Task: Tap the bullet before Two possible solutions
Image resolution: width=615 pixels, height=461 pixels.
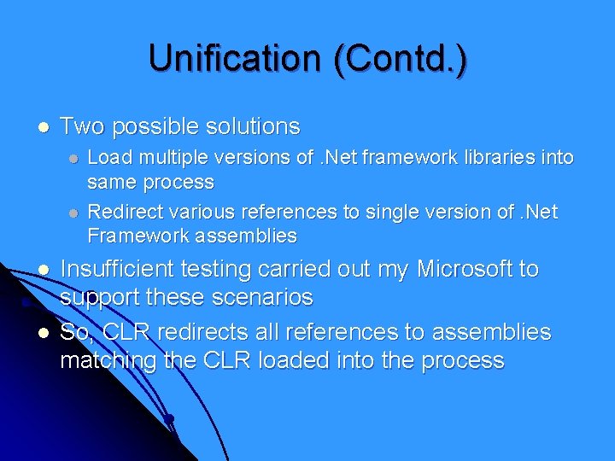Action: pos(43,127)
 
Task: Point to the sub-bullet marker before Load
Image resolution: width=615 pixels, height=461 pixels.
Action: pos(74,158)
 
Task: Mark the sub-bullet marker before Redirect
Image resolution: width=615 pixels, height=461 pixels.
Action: pos(74,212)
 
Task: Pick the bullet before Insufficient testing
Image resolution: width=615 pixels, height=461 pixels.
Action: pos(43,271)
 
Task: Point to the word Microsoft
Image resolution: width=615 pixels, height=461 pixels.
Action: pos(466,270)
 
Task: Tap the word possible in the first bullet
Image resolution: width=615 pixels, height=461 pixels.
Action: pos(155,126)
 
